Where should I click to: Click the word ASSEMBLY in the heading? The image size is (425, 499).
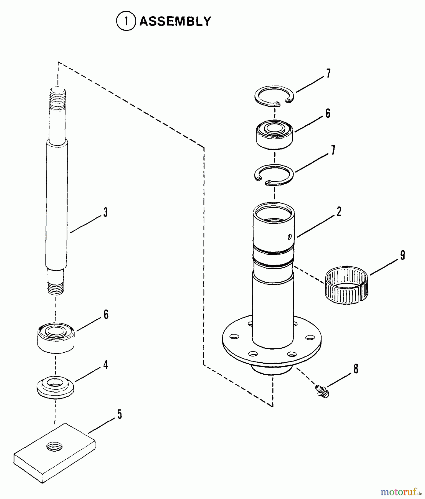pyautogui.click(x=175, y=21)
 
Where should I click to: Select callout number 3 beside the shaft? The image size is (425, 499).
pyautogui.click(x=105, y=213)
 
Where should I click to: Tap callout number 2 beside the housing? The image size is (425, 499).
pyautogui.click(x=339, y=212)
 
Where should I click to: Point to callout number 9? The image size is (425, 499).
pyautogui.click(x=402, y=255)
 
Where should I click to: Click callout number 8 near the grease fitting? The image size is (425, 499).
pyautogui.click(x=356, y=369)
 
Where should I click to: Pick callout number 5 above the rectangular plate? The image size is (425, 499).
pyautogui.click(x=119, y=414)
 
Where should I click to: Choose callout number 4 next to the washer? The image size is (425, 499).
pyautogui.click(x=105, y=365)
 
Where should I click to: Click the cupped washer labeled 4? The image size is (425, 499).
pyautogui.click(x=55, y=387)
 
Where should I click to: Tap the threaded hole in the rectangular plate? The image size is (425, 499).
pyautogui.click(x=54, y=447)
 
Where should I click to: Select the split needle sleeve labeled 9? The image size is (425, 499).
pyautogui.click(x=347, y=285)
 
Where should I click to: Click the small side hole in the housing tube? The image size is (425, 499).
pyautogui.click(x=289, y=236)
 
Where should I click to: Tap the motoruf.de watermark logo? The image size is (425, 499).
pyautogui.click(x=402, y=492)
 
